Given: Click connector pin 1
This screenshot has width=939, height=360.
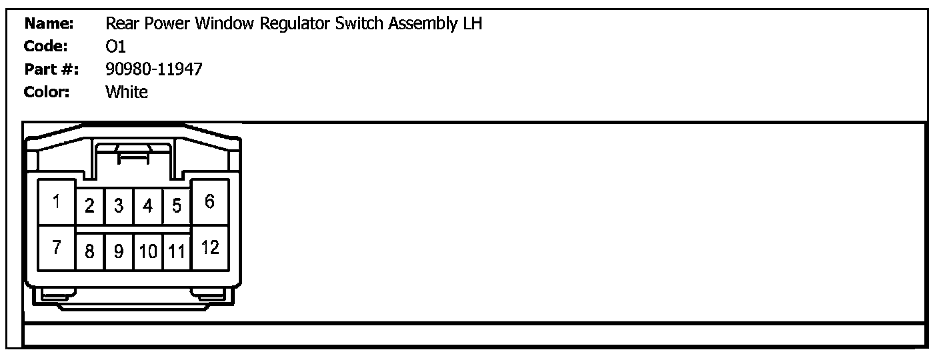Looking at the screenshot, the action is (x=57, y=202).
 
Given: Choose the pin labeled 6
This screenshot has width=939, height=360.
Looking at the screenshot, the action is (x=210, y=202).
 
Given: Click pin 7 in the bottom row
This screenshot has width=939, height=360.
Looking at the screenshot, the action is (x=57, y=248).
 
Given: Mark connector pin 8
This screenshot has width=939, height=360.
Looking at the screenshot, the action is (x=90, y=252).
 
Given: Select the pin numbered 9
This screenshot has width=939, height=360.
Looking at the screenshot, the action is (x=119, y=252).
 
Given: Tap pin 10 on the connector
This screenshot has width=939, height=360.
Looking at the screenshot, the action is (x=148, y=252).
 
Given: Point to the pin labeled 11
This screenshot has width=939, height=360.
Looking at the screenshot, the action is (x=177, y=252).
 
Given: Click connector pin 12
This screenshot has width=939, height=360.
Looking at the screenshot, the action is (x=210, y=248).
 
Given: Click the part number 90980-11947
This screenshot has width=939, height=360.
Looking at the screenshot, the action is (x=153, y=69).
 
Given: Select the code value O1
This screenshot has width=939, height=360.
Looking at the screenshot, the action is (x=116, y=47).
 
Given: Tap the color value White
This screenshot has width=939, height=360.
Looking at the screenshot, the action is (x=127, y=92).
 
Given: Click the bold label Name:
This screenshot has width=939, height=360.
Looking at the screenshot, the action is (x=49, y=24).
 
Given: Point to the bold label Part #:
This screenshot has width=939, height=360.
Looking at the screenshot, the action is (x=51, y=69).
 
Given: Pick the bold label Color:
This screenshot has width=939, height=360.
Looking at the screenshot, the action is (x=47, y=92).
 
